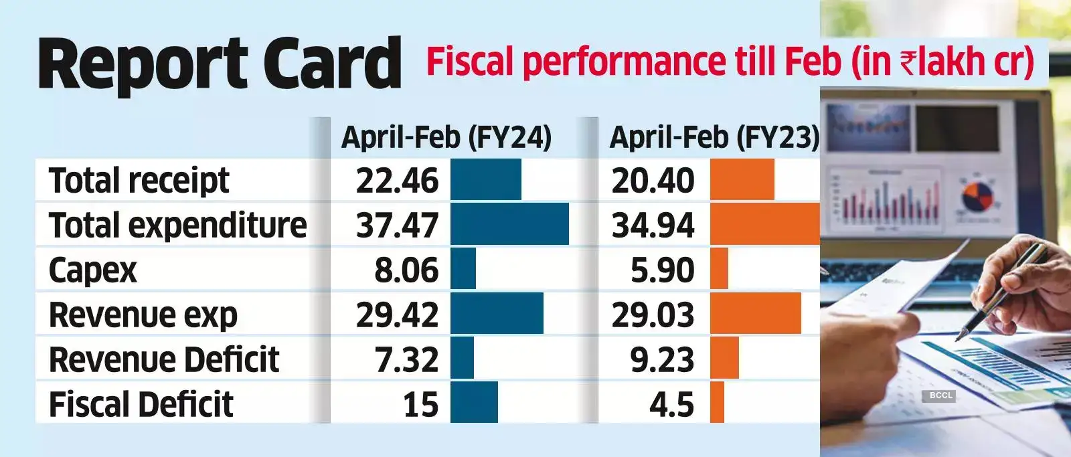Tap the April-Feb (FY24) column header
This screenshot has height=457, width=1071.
(x=446, y=137)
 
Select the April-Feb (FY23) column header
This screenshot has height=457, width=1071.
(x=714, y=137)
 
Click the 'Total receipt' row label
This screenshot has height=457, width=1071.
(x=139, y=181)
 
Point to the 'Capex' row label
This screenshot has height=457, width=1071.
(x=92, y=270)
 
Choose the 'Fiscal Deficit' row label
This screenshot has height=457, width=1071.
(x=141, y=404)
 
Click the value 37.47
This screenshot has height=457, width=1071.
(x=397, y=225)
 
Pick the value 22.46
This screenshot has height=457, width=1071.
(x=397, y=181)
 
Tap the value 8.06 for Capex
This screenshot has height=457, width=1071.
(x=406, y=270)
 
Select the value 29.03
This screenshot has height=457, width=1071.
(x=653, y=314)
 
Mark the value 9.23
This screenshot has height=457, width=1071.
(x=662, y=359)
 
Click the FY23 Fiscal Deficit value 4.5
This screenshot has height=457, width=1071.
(x=671, y=404)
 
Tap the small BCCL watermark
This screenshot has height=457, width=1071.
(x=940, y=395)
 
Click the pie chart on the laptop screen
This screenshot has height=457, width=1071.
(x=977, y=195)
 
